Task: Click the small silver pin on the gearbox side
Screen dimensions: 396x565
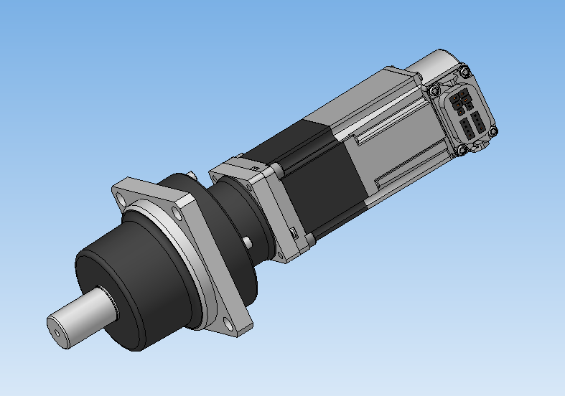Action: pyautogui.click(x=247, y=242)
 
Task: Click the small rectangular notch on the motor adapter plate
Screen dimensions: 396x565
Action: pyautogui.click(x=294, y=231)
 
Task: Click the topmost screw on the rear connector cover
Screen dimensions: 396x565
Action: pyautogui.click(x=464, y=72)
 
